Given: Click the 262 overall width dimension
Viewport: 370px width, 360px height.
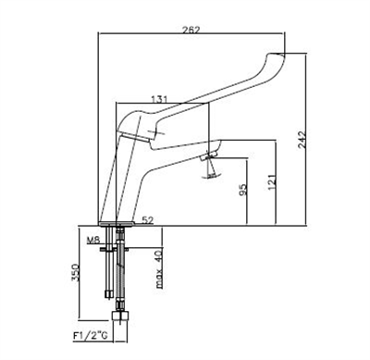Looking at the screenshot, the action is [x=191, y=30].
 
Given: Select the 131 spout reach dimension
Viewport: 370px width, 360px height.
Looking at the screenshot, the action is [x=159, y=99].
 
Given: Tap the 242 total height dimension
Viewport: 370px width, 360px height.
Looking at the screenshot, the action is [x=302, y=140].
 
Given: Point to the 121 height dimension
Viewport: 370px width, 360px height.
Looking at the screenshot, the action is [x=272, y=182].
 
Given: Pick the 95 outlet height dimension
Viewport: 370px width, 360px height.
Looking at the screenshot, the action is [x=243, y=190].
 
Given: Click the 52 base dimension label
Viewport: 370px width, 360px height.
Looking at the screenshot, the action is [x=148, y=219].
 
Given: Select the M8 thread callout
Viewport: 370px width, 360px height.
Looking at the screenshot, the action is [x=93, y=240].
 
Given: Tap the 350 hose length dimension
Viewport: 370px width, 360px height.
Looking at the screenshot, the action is [x=76, y=272].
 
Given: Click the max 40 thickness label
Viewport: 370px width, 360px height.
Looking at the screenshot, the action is [x=159, y=269].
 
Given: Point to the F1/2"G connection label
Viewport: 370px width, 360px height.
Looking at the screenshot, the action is [x=90, y=336].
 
